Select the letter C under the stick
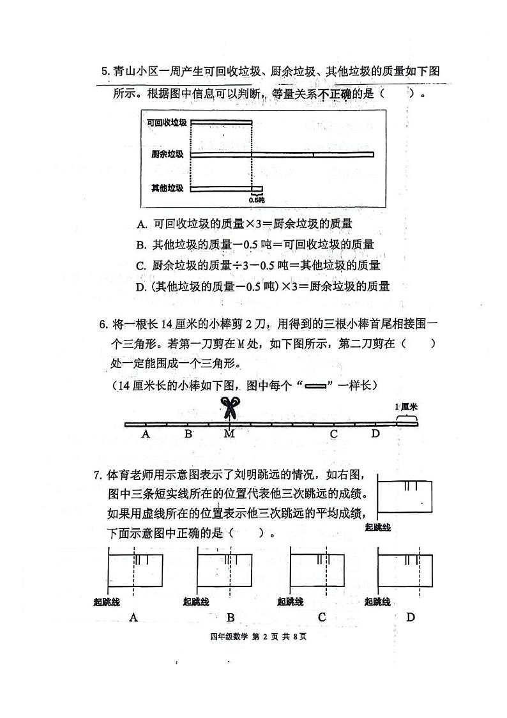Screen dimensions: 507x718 [x=333, y=434]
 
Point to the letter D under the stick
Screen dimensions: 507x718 [x=375, y=434]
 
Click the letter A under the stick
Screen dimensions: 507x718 [x=146, y=434]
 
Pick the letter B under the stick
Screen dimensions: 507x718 [x=188, y=434]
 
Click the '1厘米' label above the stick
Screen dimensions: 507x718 [x=406, y=407]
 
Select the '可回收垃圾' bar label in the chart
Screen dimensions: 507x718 [x=167, y=122]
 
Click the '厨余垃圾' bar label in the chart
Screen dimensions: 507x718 [x=168, y=154]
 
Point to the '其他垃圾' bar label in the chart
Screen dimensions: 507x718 [x=168, y=188]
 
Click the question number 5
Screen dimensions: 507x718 [x=105, y=72]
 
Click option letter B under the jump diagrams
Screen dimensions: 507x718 [x=231, y=617]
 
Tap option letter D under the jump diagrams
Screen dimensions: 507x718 [x=411, y=617]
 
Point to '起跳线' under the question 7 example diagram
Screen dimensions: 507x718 [x=378, y=527]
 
